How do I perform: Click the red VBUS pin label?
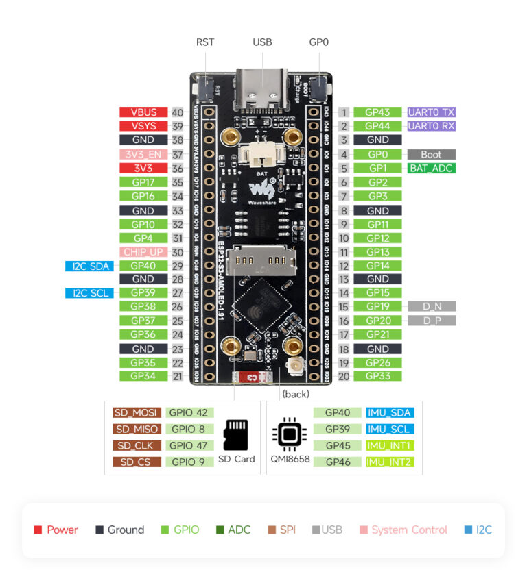143,112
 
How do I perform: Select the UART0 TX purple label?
431,112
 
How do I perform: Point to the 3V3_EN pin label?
143,154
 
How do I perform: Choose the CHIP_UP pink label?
143,251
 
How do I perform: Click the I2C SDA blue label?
89,266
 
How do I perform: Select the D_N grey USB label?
431,307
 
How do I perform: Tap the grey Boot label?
431,154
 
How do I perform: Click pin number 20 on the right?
344,376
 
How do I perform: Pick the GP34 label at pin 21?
143,376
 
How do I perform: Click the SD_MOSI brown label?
137,412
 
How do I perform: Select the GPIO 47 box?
189,445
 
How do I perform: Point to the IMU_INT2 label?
388,462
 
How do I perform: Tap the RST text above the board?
205,42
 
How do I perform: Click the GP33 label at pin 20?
378,376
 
